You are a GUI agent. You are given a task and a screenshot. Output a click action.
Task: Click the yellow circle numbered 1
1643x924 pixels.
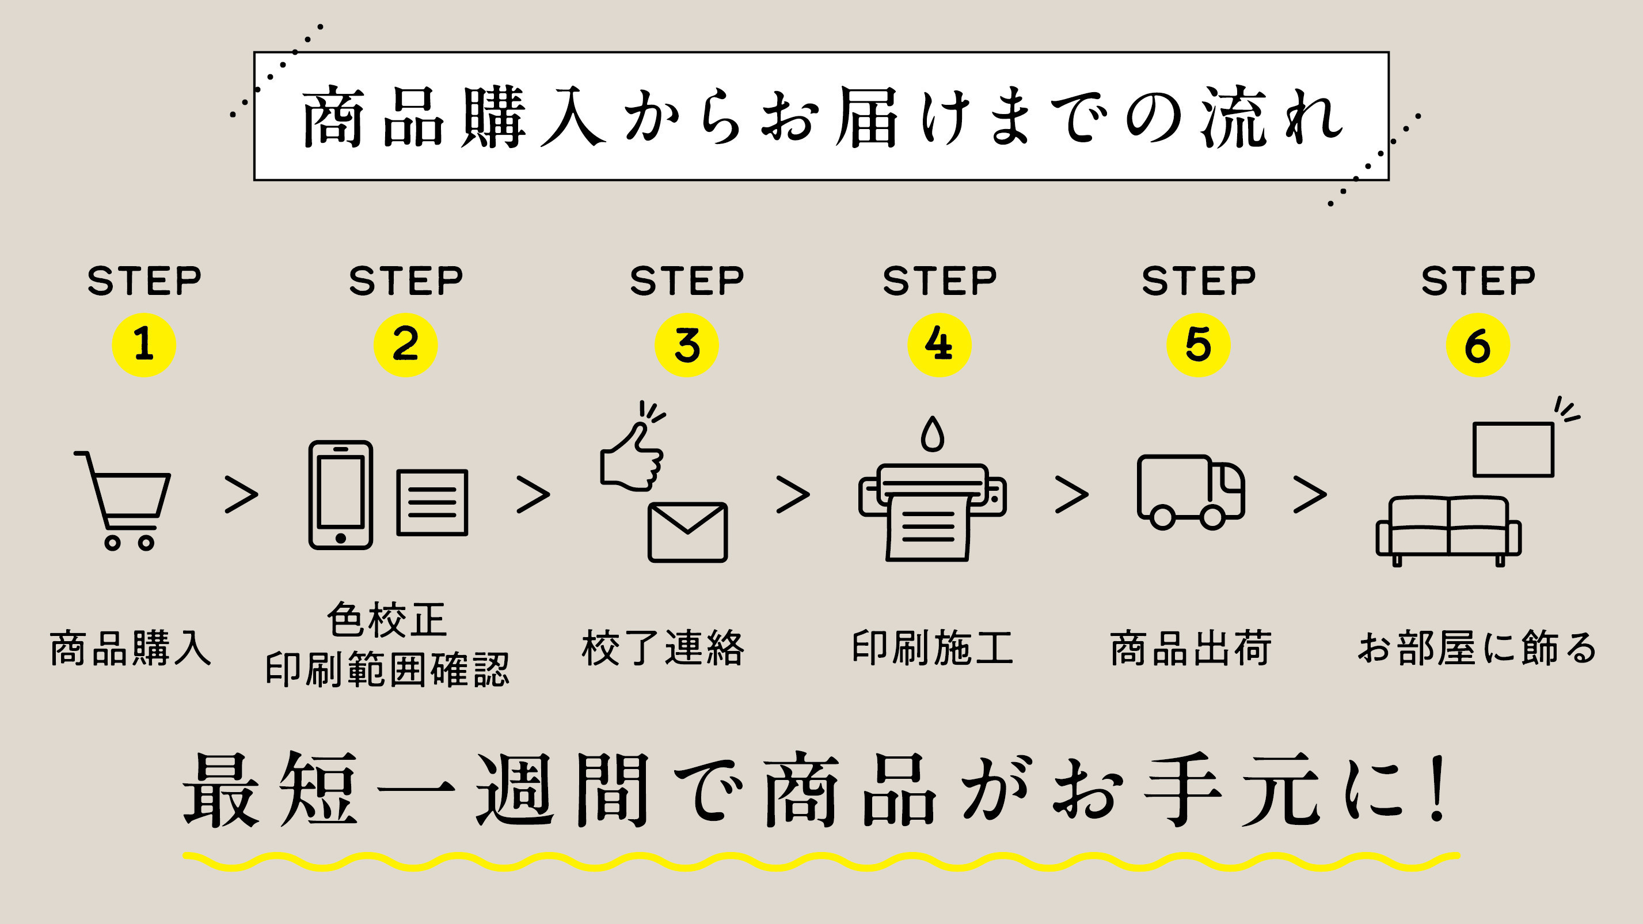(143, 345)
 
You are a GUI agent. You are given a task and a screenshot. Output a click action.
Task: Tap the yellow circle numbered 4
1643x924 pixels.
(939, 345)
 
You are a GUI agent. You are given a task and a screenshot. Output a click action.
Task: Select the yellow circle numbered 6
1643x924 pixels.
(1477, 345)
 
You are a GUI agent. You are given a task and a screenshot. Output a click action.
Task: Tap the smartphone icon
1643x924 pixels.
(341, 494)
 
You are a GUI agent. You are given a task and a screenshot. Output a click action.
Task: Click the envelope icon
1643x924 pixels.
(687, 532)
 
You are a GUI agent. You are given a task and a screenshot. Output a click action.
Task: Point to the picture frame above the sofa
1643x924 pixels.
(1513, 449)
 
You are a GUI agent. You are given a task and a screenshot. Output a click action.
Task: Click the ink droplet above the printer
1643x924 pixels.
(932, 434)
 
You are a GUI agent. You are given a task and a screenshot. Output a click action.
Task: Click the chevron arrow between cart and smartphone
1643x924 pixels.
(242, 494)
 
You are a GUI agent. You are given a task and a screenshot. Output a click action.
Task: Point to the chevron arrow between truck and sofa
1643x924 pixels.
(1310, 494)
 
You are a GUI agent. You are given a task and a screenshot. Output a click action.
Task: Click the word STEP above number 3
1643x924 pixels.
(687, 281)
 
